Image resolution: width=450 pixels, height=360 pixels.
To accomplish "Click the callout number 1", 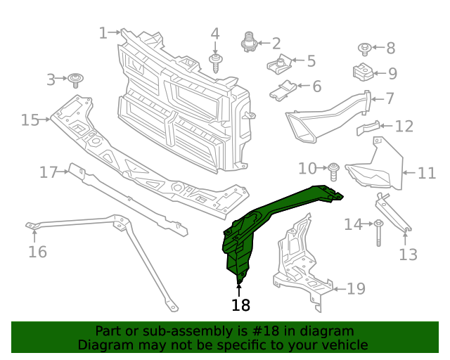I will [x=103, y=32].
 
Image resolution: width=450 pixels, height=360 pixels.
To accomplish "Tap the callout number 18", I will [x=240, y=305].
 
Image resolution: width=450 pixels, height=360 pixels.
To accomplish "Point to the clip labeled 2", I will [x=247, y=43].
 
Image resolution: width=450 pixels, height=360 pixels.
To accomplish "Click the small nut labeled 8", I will [x=365, y=49].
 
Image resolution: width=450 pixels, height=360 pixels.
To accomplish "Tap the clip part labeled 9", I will [x=361, y=72].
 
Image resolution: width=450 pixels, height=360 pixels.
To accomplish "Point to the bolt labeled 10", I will [x=335, y=169].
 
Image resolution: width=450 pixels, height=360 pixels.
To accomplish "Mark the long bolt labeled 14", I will [x=378, y=231].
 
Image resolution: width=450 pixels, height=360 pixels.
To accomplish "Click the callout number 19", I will [x=356, y=288].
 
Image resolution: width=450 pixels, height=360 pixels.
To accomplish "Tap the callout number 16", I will [x=37, y=251].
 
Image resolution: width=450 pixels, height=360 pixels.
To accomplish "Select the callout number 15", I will [x=30, y=120].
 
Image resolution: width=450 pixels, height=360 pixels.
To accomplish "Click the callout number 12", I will [x=404, y=127].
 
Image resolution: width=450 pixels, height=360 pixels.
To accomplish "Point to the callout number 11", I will [x=427, y=173].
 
